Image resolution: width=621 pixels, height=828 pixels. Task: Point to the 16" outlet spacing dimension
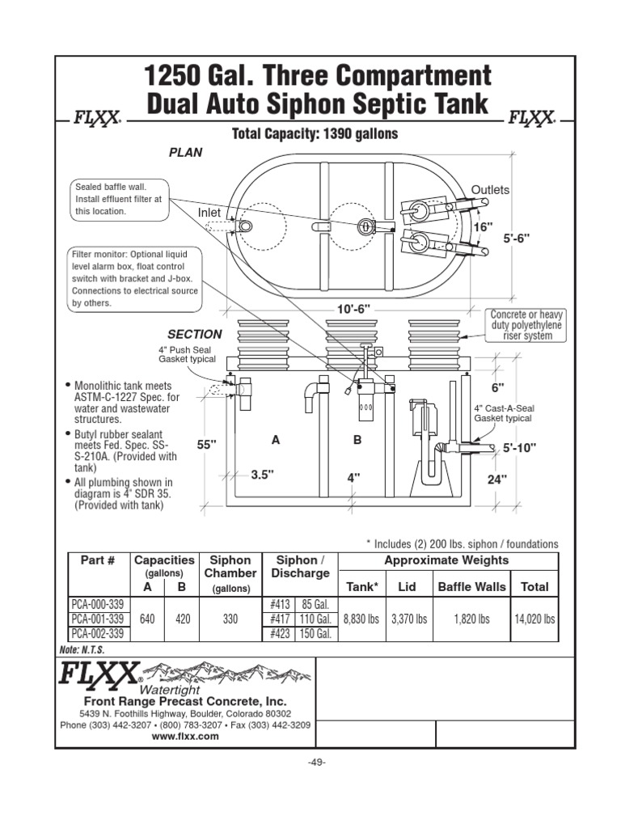[x=483, y=228]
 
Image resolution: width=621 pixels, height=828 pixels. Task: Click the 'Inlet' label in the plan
[x=209, y=212]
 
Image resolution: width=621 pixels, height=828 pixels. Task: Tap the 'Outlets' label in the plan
[x=491, y=190]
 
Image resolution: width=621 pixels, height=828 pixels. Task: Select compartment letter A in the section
[x=276, y=440]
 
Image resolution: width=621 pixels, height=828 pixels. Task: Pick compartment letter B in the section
[x=357, y=440]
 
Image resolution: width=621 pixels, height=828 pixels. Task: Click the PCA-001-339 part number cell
[x=97, y=619]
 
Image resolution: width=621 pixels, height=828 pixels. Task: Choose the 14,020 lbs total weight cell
[x=534, y=619]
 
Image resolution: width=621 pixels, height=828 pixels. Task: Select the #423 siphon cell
[x=280, y=634]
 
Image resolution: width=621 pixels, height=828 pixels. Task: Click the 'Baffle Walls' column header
[x=471, y=587]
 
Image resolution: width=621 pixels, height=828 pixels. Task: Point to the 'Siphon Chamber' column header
[x=230, y=566]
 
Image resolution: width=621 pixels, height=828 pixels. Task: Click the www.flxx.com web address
[x=185, y=737]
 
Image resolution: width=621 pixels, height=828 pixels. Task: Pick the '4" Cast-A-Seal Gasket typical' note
[x=502, y=413]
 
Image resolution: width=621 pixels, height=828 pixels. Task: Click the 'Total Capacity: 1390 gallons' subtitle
[x=315, y=133]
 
